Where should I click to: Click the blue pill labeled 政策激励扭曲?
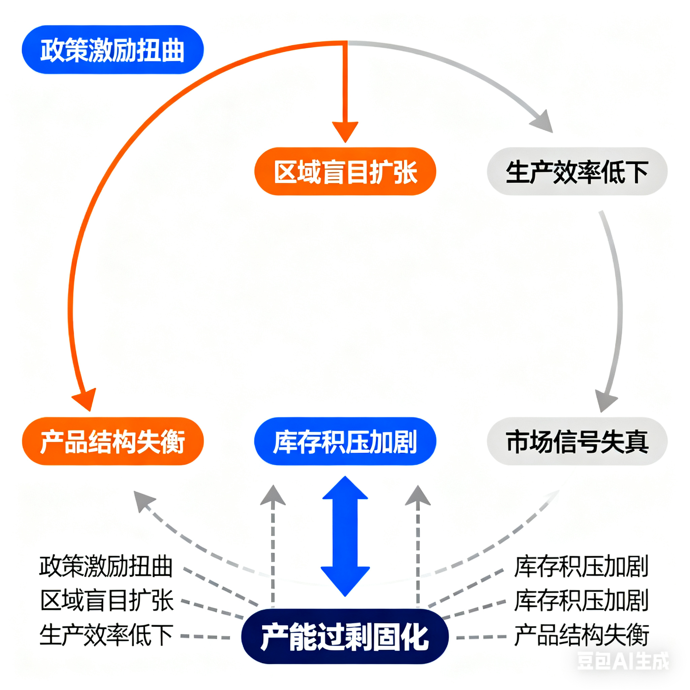click(x=113, y=50)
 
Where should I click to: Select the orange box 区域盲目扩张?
click(x=345, y=171)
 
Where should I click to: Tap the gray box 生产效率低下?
click(x=577, y=171)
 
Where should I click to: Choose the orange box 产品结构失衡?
click(x=113, y=441)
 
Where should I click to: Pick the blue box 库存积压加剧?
click(x=345, y=441)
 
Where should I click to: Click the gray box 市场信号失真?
click(x=577, y=441)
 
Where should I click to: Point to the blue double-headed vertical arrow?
click(x=345, y=536)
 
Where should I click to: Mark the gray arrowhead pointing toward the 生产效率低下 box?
click(x=543, y=122)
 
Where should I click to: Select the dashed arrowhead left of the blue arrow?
click(x=273, y=496)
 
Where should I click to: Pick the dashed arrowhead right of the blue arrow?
click(x=418, y=496)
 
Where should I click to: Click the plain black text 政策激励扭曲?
click(x=106, y=566)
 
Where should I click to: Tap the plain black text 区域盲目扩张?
click(x=107, y=601)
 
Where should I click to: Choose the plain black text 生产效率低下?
click(x=106, y=635)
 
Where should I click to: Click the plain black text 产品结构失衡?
click(x=582, y=635)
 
